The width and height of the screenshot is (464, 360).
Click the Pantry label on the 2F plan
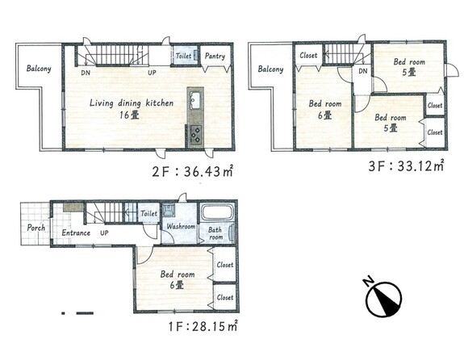(215, 56)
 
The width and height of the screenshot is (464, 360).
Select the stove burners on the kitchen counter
(195, 135)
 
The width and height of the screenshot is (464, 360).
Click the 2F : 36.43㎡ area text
(192, 171)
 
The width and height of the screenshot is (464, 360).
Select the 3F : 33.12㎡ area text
(406, 166)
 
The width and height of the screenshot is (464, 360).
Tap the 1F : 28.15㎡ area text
(203, 326)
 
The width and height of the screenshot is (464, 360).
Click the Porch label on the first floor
(36, 228)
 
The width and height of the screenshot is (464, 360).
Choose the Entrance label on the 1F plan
(76, 232)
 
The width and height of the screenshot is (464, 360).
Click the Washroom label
(181, 227)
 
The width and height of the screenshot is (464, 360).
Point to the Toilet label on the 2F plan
(183, 56)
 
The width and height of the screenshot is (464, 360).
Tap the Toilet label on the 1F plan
(148, 213)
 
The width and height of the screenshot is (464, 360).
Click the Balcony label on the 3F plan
(270, 69)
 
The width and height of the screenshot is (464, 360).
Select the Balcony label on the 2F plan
(39, 69)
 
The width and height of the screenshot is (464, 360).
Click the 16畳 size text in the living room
(129, 115)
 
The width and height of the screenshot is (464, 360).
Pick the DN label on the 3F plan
(363, 71)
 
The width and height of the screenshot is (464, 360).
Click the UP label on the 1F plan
(104, 233)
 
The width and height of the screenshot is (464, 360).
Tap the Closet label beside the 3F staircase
(308, 56)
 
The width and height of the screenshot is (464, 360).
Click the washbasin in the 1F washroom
(169, 210)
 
